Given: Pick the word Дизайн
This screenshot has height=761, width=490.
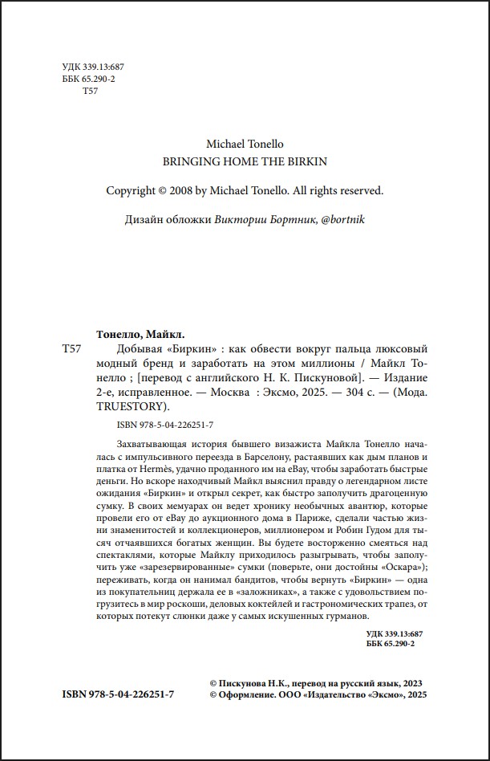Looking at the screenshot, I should (x=146, y=219).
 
